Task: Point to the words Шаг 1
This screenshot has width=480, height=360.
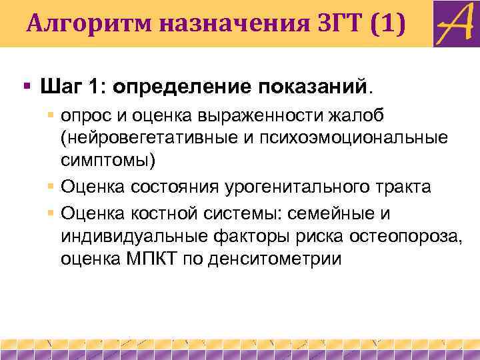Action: [x=67, y=87]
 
